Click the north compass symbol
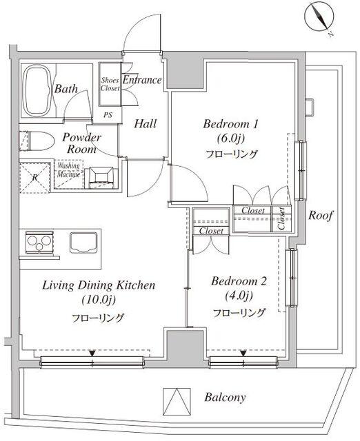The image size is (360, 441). pyautogui.click(x=319, y=17)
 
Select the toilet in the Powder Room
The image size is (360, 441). pyautogui.click(x=37, y=141)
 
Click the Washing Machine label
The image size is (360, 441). pyautogui.click(x=69, y=170)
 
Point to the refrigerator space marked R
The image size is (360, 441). pyautogui.click(x=35, y=178)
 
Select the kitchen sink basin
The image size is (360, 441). pyautogui.click(x=83, y=243)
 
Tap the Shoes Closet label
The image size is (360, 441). pyautogui.click(x=110, y=84)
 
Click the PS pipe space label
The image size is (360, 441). pyautogui.click(x=108, y=115)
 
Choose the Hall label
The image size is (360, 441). pyautogui.click(x=146, y=124)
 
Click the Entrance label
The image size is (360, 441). pyautogui.click(x=142, y=80)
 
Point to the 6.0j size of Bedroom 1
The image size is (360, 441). pyautogui.click(x=230, y=139)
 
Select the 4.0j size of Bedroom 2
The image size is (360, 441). pyautogui.click(x=239, y=296)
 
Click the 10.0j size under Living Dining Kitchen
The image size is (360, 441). pyautogui.click(x=99, y=300)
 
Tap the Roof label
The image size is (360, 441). pyautogui.click(x=321, y=216)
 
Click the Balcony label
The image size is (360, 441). pyautogui.click(x=225, y=398)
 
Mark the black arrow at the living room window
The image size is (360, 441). pyautogui.click(x=92, y=353)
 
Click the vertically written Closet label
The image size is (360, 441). pyautogui.click(x=281, y=218)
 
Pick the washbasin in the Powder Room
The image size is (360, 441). pyautogui.click(x=101, y=177)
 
